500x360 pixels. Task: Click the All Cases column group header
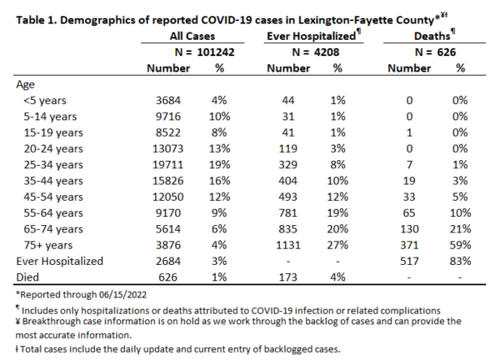click(192, 36)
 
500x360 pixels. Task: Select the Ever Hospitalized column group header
click(311, 36)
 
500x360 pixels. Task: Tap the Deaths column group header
click(432, 36)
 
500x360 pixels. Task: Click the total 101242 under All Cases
click(216, 52)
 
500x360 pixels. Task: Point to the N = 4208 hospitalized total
click(315, 52)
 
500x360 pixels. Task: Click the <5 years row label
click(45, 101)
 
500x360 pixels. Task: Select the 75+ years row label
click(48, 245)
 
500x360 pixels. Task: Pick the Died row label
click(27, 277)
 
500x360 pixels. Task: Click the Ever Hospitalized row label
click(60, 261)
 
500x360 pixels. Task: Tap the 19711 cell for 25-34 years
click(167, 165)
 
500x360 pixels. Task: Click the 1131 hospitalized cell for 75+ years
click(288, 245)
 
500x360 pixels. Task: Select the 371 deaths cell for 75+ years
click(409, 245)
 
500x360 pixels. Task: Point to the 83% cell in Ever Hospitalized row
click(460, 261)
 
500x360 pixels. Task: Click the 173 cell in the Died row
click(288, 277)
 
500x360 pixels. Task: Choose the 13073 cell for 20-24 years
click(167, 148)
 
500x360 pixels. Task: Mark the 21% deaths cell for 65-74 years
click(460, 229)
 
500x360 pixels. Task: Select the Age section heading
click(25, 85)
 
